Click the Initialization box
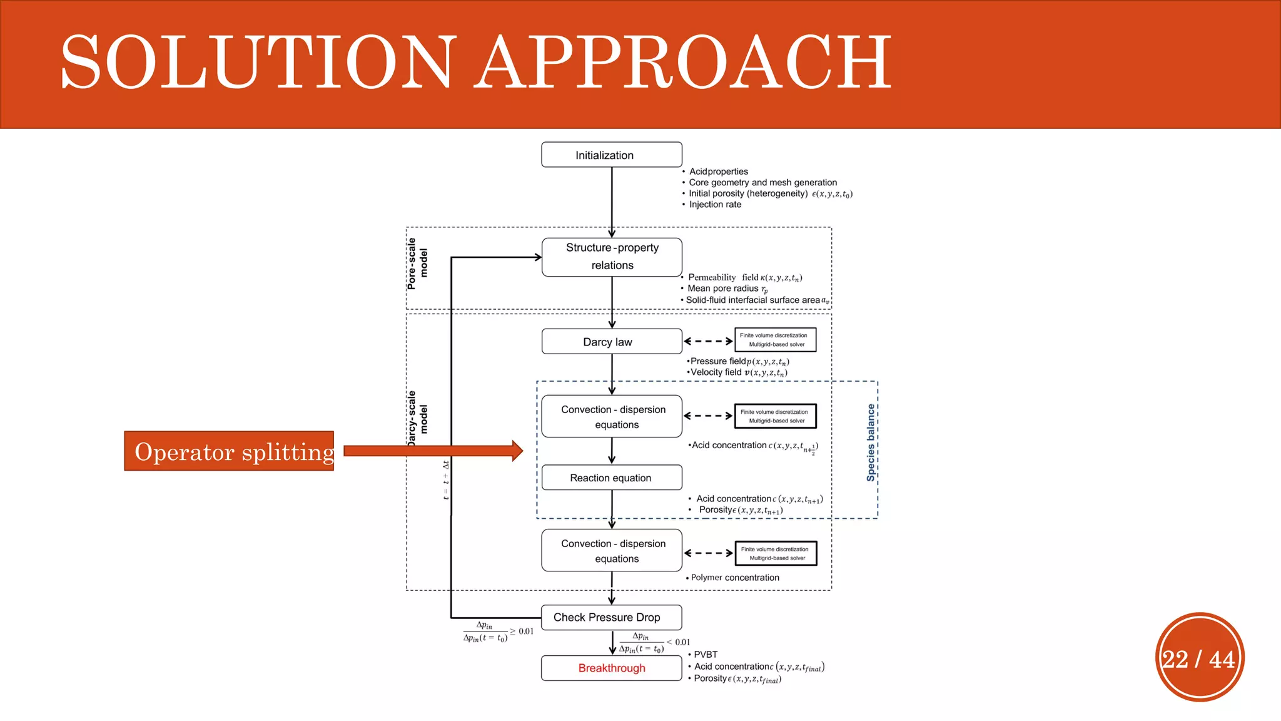click(x=611, y=155)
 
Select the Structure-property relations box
click(x=611, y=257)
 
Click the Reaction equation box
click(x=611, y=478)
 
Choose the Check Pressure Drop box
click(x=611, y=617)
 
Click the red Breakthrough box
click(x=611, y=668)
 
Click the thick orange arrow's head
click(x=516, y=451)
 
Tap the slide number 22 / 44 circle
click(x=1199, y=658)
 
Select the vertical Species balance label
click(x=871, y=442)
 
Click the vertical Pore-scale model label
click(x=417, y=263)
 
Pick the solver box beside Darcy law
click(x=775, y=340)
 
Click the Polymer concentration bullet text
click(x=734, y=578)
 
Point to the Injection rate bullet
click(x=714, y=205)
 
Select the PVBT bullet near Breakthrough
click(x=705, y=655)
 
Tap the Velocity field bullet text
click(x=738, y=372)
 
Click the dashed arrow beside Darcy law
click(x=708, y=342)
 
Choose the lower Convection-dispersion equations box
click(x=611, y=551)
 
